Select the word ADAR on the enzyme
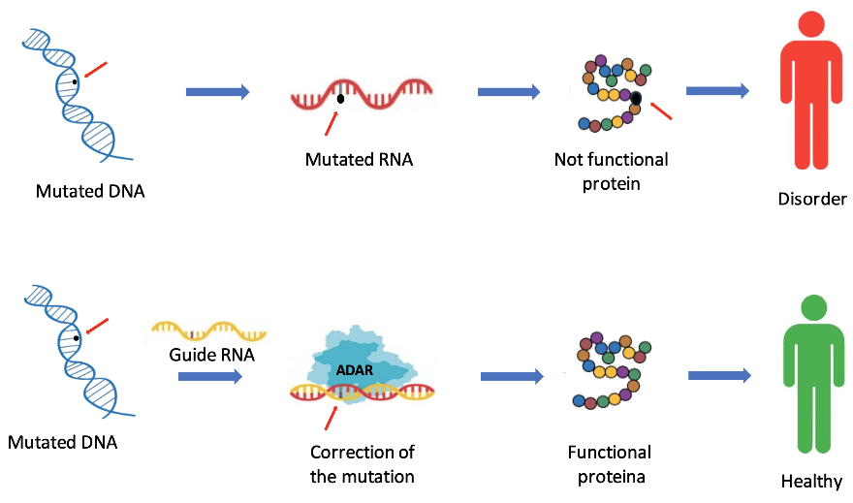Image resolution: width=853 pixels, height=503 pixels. [353, 368]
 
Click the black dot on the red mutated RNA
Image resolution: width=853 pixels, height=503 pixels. [340, 98]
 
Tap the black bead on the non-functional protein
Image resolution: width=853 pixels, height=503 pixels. [636, 98]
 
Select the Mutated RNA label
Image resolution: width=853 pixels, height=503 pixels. [359, 159]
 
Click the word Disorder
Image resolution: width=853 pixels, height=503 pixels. [812, 200]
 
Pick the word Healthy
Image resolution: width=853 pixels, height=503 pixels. [811, 481]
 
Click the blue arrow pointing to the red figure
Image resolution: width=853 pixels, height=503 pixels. [717, 90]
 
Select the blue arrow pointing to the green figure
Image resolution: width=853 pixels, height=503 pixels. [719, 375]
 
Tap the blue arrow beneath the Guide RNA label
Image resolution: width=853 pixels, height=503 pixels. [210, 375]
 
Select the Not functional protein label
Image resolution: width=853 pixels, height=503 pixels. [611, 170]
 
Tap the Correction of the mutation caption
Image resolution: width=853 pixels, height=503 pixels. [362, 463]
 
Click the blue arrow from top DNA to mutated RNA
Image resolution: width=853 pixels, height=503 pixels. [217, 91]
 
